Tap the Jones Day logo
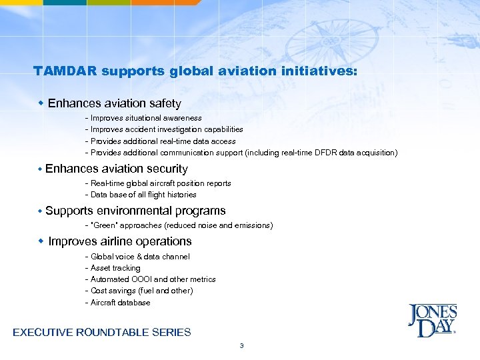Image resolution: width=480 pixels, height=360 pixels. [x=432, y=321]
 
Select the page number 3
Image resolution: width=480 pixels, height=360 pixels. [x=241, y=345]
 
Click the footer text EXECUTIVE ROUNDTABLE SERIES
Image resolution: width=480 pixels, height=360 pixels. [x=102, y=332]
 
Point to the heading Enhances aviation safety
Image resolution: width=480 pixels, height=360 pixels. [x=114, y=103]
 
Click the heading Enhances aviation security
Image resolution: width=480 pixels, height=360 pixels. [x=117, y=169]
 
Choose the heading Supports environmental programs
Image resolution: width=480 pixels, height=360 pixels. [x=135, y=211]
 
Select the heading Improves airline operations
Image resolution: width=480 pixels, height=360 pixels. [x=120, y=241]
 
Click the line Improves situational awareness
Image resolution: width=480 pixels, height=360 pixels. [x=141, y=118]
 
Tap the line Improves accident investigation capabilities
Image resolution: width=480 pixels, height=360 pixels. [x=167, y=129]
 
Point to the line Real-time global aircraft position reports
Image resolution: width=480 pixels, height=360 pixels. [x=161, y=183]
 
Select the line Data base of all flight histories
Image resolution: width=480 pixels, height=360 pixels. [x=143, y=195]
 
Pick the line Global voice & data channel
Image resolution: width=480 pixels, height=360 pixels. [x=140, y=257]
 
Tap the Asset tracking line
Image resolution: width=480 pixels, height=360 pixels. [x=115, y=268]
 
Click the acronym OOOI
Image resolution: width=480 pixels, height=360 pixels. [x=141, y=279]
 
